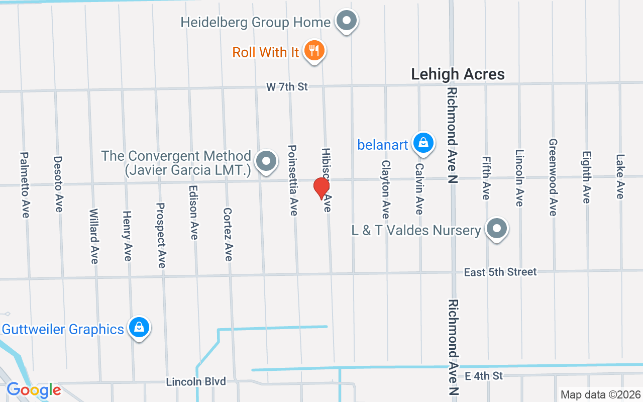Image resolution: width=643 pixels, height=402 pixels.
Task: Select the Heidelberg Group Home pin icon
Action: [x=346, y=22]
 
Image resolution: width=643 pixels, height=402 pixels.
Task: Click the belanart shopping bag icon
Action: [x=423, y=143]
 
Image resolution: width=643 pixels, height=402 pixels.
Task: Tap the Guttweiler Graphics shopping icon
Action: [x=139, y=328]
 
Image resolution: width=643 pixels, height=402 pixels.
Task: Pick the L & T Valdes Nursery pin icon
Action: [x=497, y=229]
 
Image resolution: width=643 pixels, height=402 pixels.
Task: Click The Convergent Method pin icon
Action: [x=266, y=162]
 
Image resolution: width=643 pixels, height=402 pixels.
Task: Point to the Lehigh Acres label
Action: [x=458, y=74]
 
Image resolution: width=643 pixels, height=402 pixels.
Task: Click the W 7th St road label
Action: [x=287, y=87]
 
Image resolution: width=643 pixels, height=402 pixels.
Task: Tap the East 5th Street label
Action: [x=500, y=272]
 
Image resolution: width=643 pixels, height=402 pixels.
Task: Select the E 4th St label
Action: [x=483, y=376]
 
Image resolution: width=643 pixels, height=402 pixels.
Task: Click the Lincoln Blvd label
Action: [x=196, y=382]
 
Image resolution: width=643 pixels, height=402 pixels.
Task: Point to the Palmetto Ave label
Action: [x=24, y=185]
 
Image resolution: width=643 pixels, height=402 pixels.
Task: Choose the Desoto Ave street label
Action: [x=58, y=184]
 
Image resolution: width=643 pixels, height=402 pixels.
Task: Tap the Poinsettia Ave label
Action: [x=293, y=180]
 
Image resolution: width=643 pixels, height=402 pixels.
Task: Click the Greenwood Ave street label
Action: [x=553, y=177]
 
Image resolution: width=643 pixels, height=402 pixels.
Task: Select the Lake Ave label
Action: [x=620, y=176]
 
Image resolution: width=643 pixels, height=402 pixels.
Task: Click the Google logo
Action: [x=34, y=390]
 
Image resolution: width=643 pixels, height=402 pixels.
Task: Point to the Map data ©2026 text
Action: [x=601, y=394]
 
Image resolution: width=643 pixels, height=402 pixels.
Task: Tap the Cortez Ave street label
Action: [x=228, y=234]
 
